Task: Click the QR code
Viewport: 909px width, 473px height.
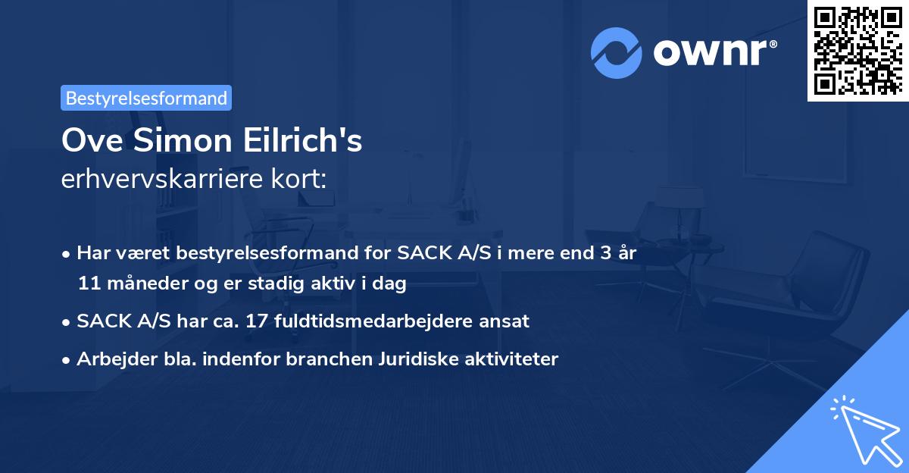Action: (857, 51)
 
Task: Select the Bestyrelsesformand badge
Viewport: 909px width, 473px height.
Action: (146, 98)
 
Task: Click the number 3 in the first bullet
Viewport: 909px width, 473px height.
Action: (604, 253)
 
